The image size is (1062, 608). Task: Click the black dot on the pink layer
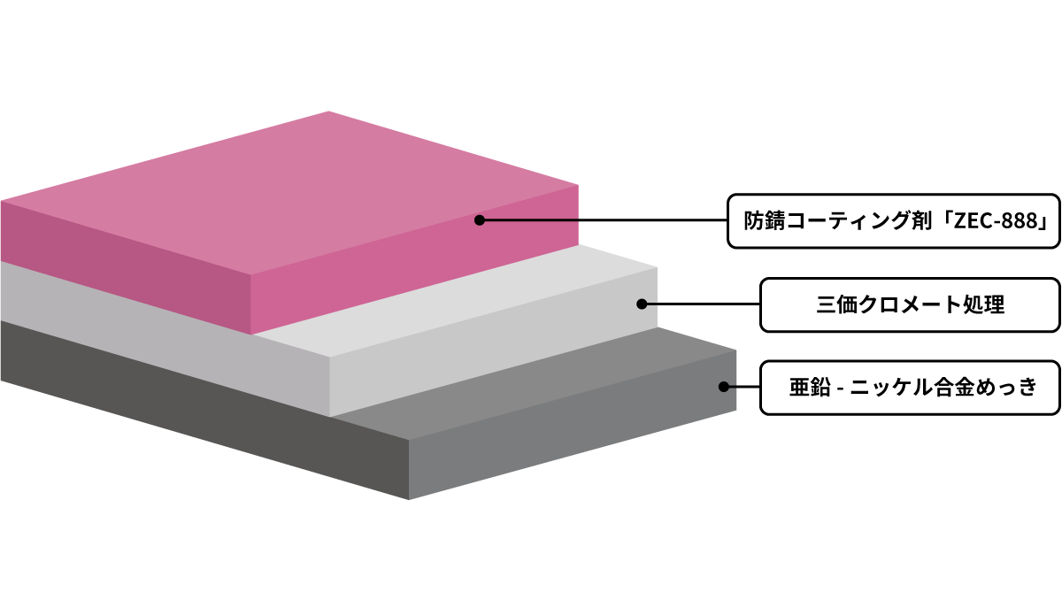pyautogui.click(x=480, y=220)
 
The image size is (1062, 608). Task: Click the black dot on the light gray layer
pyautogui.click(x=642, y=304)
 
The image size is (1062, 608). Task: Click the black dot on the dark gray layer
pyautogui.click(x=724, y=387)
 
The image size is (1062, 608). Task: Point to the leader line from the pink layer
pyautogui.click(x=604, y=220)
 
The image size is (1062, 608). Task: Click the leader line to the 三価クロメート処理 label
pyautogui.click(x=701, y=304)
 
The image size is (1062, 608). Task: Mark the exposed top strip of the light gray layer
pyautogui.click(x=455, y=301)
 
